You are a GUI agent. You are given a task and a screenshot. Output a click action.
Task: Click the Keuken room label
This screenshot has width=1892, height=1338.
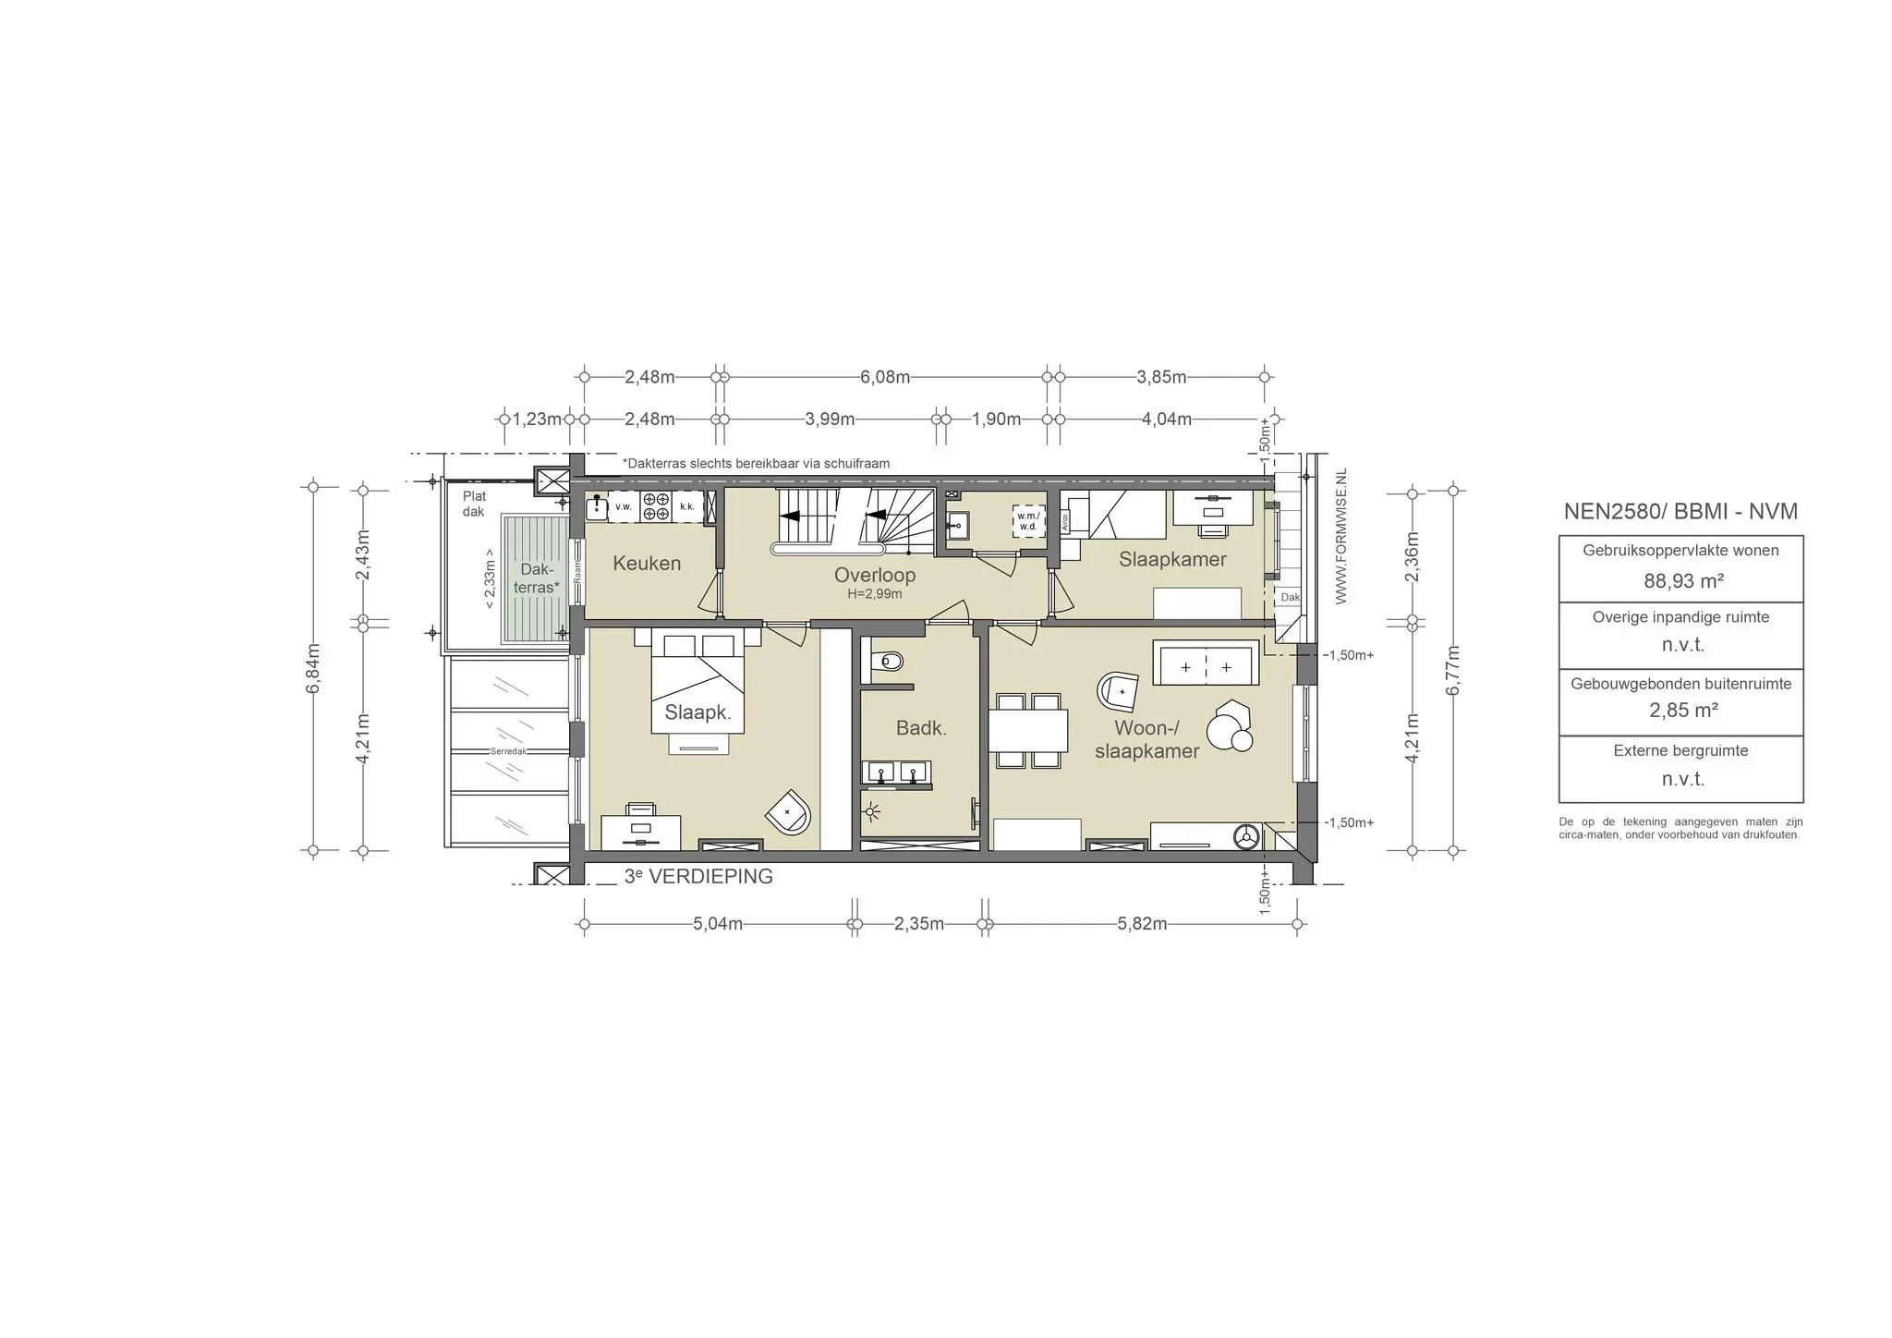647,563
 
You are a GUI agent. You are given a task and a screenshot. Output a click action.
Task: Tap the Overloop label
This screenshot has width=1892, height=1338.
875,575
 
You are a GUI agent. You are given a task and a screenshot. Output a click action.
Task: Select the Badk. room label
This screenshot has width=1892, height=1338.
921,728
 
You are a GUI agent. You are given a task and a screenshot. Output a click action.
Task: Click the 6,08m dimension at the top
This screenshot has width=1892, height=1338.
885,377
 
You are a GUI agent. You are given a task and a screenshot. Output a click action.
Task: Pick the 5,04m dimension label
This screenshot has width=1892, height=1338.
718,924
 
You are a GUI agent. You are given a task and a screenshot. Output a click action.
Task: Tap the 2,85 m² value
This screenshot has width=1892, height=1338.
1681,710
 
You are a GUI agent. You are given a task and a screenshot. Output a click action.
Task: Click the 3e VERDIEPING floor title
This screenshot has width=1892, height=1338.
698,877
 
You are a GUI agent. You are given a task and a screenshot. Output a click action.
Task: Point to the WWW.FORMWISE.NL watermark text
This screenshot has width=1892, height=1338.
1341,536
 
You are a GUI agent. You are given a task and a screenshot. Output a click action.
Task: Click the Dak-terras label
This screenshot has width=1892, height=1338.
537,578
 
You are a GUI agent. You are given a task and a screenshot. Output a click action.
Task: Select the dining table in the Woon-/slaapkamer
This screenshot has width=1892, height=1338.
1028,730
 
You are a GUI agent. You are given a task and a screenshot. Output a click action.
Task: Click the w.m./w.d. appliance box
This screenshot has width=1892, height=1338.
1028,520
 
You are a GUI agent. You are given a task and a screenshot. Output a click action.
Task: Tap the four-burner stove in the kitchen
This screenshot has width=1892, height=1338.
656,505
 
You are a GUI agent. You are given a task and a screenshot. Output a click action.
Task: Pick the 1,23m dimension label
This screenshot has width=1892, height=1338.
537,419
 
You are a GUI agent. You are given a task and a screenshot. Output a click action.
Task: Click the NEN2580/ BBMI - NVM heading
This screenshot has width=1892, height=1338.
1680,511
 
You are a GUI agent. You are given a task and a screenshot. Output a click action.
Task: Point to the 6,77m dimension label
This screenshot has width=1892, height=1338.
1453,670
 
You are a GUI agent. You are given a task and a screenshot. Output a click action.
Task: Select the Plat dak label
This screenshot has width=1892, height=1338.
474,504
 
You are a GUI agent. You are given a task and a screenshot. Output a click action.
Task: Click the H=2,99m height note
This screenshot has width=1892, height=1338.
875,594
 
